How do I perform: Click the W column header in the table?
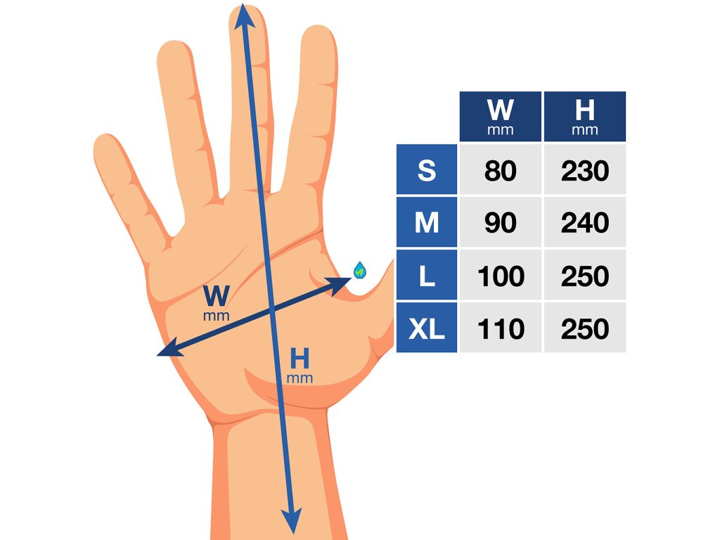pyautogui.click(x=500, y=116)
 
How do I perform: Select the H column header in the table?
pyautogui.click(x=584, y=116)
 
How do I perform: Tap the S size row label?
pyautogui.click(x=427, y=170)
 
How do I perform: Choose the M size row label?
pyautogui.click(x=427, y=223)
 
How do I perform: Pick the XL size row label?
pyautogui.click(x=427, y=328)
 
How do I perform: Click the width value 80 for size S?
pyautogui.click(x=500, y=170)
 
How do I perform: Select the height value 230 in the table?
pyautogui.click(x=584, y=170)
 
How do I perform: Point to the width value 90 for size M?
pyautogui.click(x=500, y=223)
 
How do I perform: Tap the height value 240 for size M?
pyautogui.click(x=584, y=223)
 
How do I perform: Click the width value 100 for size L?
pyautogui.click(x=500, y=276)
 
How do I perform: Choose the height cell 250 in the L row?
pyautogui.click(x=584, y=276)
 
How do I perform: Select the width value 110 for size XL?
pyautogui.click(x=500, y=328)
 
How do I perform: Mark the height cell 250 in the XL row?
pyautogui.click(x=584, y=328)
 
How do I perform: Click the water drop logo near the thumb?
pyautogui.click(x=360, y=269)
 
